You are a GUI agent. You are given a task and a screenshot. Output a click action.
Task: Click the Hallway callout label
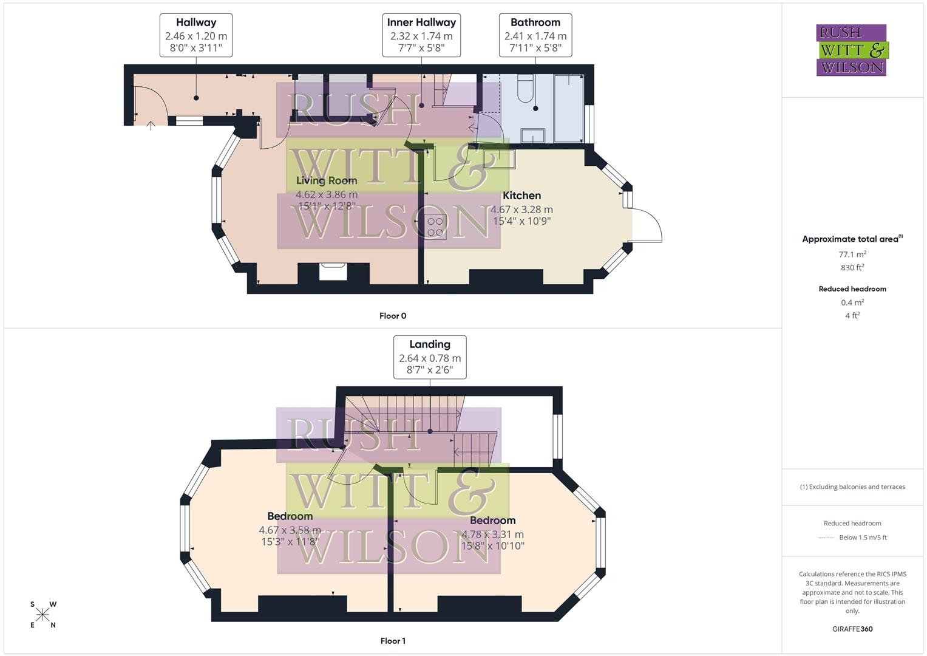[196, 35]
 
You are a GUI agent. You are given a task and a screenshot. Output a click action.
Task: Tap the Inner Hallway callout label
[421, 35]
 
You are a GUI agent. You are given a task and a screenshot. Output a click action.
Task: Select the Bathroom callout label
[535, 35]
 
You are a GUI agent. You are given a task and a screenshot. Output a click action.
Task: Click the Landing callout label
[430, 357]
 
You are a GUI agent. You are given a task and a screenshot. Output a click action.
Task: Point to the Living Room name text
[326, 180]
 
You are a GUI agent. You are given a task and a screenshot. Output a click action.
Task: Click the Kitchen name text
[521, 196]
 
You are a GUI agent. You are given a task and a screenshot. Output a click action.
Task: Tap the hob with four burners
[435, 226]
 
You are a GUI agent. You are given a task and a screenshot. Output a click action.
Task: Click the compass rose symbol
[42, 615]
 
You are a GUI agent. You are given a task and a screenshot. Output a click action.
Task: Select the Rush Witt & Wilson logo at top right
[851, 50]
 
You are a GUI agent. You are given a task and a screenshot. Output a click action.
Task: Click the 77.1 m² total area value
[852, 255]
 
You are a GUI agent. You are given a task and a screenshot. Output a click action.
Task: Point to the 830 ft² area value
[852, 267]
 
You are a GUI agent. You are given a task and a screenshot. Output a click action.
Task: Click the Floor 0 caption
[393, 316]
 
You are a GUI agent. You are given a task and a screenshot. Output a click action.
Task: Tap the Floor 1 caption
[393, 641]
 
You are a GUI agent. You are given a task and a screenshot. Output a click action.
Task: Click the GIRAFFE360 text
[852, 629]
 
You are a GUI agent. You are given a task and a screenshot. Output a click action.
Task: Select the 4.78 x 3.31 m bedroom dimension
[492, 535]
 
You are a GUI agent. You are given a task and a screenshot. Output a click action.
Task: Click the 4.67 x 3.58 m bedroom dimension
[290, 530]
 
